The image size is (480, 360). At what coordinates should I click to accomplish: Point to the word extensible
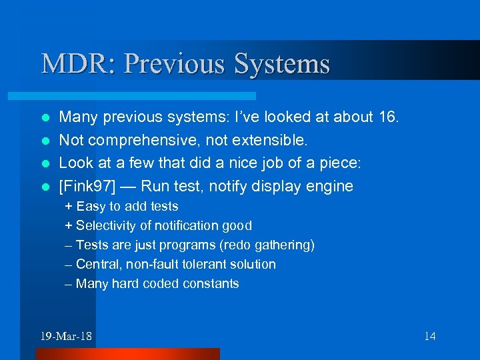tap(269, 141)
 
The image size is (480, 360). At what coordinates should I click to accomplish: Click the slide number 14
tap(429, 336)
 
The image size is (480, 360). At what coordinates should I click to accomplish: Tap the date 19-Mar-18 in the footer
tap(66, 336)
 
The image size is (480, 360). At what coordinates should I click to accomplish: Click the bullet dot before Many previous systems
tap(45, 118)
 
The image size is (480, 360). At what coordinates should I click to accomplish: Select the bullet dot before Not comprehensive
tap(45, 141)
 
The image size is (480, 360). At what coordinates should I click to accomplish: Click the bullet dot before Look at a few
tap(45, 164)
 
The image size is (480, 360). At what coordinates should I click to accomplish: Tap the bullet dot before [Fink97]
tap(45, 187)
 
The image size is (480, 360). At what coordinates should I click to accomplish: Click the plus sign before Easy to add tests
tap(69, 207)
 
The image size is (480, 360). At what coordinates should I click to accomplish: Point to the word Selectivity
tap(106, 226)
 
